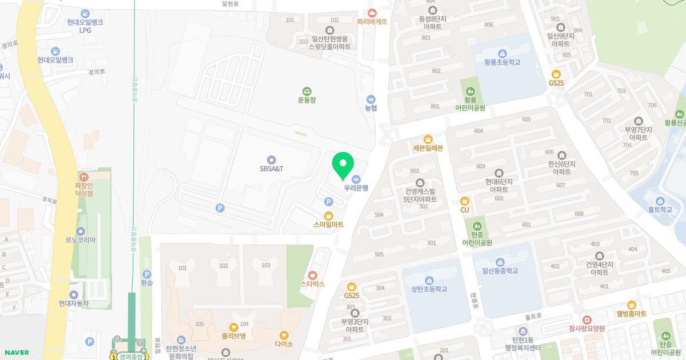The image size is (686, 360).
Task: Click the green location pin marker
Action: (x=343, y=166)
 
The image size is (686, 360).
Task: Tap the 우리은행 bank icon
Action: (x=356, y=179)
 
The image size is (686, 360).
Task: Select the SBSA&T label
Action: (x=272, y=169)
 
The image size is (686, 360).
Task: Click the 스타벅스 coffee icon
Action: (x=313, y=275)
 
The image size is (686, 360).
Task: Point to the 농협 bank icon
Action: (x=372, y=99)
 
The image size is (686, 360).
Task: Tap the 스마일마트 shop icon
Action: (x=329, y=215)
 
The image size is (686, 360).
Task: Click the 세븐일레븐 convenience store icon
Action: (x=428, y=139)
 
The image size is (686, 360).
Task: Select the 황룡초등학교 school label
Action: (x=502, y=62)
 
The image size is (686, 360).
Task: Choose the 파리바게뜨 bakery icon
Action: (x=372, y=13)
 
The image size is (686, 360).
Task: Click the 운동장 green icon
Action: (x=307, y=91)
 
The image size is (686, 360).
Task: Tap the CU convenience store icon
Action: (x=465, y=201)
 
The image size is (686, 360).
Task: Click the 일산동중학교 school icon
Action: (x=500, y=262)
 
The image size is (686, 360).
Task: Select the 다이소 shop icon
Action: (x=284, y=335)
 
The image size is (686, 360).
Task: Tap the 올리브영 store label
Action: (x=233, y=336)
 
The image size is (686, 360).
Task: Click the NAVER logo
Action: (x=16, y=353)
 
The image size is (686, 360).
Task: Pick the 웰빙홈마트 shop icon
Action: (x=632, y=305)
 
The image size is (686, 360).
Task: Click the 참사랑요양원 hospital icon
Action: (x=587, y=319)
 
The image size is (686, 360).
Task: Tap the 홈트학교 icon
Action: (x=660, y=201)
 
